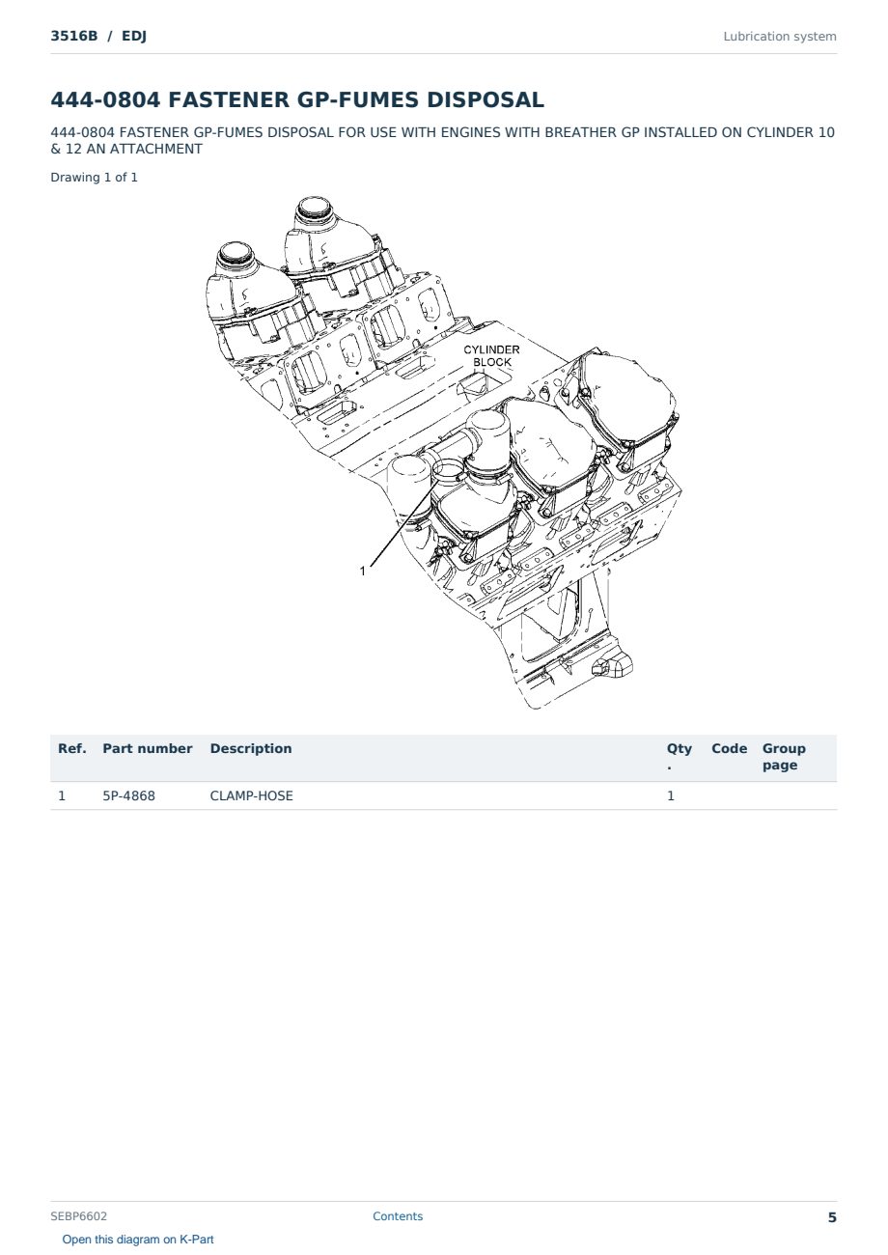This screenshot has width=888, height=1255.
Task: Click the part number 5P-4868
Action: [x=128, y=795]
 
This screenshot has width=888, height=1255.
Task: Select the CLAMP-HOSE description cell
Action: [x=251, y=795]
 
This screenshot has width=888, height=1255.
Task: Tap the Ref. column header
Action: [x=71, y=748]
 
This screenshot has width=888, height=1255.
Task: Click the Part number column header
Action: [x=147, y=748]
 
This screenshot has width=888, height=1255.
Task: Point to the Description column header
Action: [x=250, y=748]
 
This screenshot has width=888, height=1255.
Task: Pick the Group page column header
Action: [x=784, y=757]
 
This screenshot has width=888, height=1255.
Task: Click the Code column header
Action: [x=729, y=748]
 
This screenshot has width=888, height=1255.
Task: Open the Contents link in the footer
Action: [x=398, y=1215]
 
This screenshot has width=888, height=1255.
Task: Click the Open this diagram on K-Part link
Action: [x=138, y=1240]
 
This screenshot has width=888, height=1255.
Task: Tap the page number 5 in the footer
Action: [x=832, y=1217]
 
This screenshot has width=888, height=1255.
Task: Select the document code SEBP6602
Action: [x=78, y=1215]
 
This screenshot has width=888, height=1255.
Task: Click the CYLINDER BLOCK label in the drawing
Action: [x=491, y=356]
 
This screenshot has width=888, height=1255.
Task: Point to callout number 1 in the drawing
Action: [x=363, y=571]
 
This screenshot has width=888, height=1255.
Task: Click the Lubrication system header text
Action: [x=780, y=37]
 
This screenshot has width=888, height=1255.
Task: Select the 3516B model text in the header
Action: [x=74, y=37]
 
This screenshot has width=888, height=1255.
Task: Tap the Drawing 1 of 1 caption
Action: [x=94, y=178]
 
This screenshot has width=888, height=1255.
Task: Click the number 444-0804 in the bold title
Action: [x=105, y=99]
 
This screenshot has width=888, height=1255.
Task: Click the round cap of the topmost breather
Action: [x=314, y=208]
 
